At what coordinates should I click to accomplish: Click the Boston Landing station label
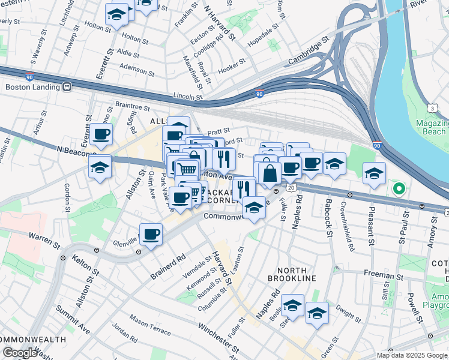click(x=31, y=86)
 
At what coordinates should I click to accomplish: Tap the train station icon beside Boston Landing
click(x=66, y=86)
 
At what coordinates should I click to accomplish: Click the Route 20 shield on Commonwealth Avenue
click(x=291, y=188)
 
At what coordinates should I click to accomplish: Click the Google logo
click(x=20, y=352)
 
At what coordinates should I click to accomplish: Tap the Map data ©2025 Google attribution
click(x=411, y=355)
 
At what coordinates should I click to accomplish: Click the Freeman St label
click(x=383, y=275)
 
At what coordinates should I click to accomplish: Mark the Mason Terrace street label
click(x=150, y=325)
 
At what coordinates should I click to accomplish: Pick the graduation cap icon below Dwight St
click(x=316, y=313)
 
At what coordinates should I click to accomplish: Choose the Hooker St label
click(x=232, y=64)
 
